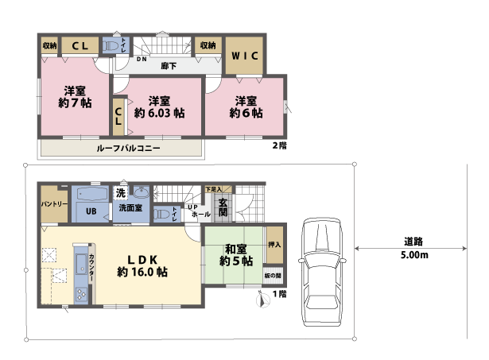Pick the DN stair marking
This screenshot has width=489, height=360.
point(142,60)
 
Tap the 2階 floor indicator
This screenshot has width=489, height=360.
point(279,145)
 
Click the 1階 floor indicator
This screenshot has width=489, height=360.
point(279,294)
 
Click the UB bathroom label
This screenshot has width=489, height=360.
point(91,211)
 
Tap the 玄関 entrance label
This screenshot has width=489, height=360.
point(223,208)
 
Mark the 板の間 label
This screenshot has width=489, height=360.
point(273,276)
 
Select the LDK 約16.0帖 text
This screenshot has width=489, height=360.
point(142,265)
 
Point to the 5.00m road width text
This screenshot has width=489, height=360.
point(413,256)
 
